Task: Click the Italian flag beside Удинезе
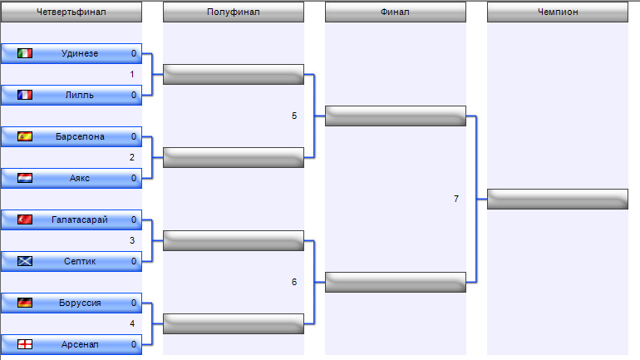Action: tap(25, 53)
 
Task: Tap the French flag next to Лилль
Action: tap(25, 95)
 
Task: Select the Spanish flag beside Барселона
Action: tap(25, 136)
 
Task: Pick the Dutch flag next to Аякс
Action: tap(25, 179)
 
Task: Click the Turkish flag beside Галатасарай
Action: tap(25, 220)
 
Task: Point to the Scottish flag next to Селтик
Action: tap(25, 261)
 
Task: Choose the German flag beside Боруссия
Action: tap(25, 303)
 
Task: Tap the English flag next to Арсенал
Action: tap(25, 344)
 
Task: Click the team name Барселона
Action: tap(80, 136)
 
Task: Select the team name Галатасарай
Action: tap(80, 220)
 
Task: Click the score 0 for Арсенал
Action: tap(134, 344)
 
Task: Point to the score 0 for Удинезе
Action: tap(134, 53)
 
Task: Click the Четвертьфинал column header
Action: tap(71, 12)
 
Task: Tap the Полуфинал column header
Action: tap(234, 12)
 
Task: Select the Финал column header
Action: tap(396, 12)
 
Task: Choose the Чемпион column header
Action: tap(558, 12)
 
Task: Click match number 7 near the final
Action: tap(456, 199)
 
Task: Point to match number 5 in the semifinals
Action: tap(294, 116)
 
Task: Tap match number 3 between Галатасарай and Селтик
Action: tap(132, 240)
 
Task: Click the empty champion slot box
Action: tap(558, 200)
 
